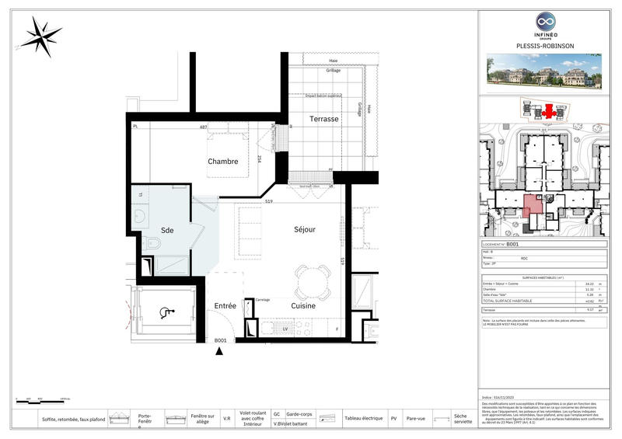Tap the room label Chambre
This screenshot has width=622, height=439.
click(x=222, y=162)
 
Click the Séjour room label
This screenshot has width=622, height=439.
click(x=304, y=229)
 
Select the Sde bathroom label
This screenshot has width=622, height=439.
click(x=167, y=232)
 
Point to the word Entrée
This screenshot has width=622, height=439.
click(x=225, y=306)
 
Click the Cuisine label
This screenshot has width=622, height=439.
click(x=304, y=306)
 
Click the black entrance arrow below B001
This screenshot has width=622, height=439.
click(x=220, y=352)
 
